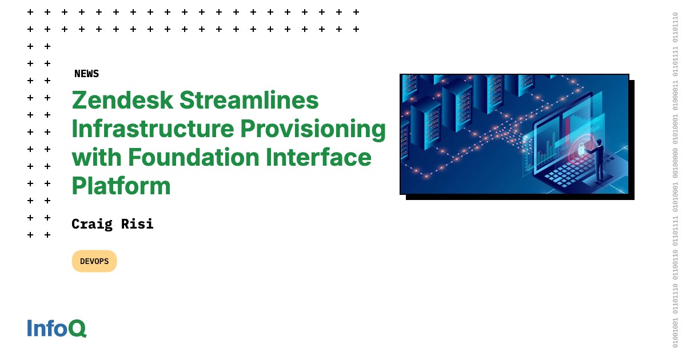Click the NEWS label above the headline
86,74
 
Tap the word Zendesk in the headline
122,101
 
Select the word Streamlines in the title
249,101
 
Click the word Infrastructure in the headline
153,129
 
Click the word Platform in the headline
121,186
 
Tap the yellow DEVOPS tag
94,261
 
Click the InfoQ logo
57,328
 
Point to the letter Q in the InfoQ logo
78,329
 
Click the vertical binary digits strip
675,180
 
